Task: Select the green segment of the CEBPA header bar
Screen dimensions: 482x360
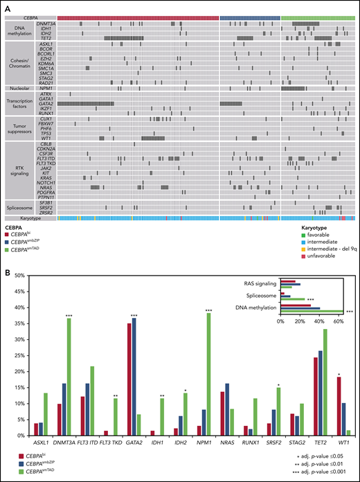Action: tap(318, 17)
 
